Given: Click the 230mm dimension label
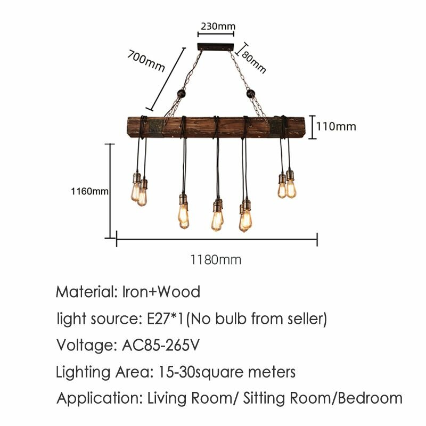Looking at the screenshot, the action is pyautogui.click(x=218, y=26).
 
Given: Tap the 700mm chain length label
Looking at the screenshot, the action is pyautogui.click(x=146, y=61).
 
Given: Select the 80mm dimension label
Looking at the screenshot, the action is pyautogui.click(x=253, y=62).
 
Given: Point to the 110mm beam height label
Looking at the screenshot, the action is pyautogui.click(x=336, y=127).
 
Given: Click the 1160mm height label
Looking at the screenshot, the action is pyautogui.click(x=89, y=191).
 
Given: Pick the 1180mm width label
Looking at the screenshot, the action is pyautogui.click(x=216, y=260).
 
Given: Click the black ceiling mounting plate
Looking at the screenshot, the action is pyautogui.click(x=216, y=47).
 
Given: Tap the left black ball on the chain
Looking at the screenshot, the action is pyautogui.click(x=181, y=94).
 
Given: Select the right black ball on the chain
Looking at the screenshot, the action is pyautogui.click(x=250, y=94).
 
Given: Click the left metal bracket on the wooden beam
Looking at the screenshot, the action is pyautogui.click(x=155, y=127).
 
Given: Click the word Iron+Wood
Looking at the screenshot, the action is pyautogui.click(x=161, y=292).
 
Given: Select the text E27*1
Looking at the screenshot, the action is pyautogui.click(x=165, y=318).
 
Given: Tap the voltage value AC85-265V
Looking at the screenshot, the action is pyautogui.click(x=161, y=345).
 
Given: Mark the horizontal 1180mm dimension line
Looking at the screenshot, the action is pyautogui.click(x=217, y=239).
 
